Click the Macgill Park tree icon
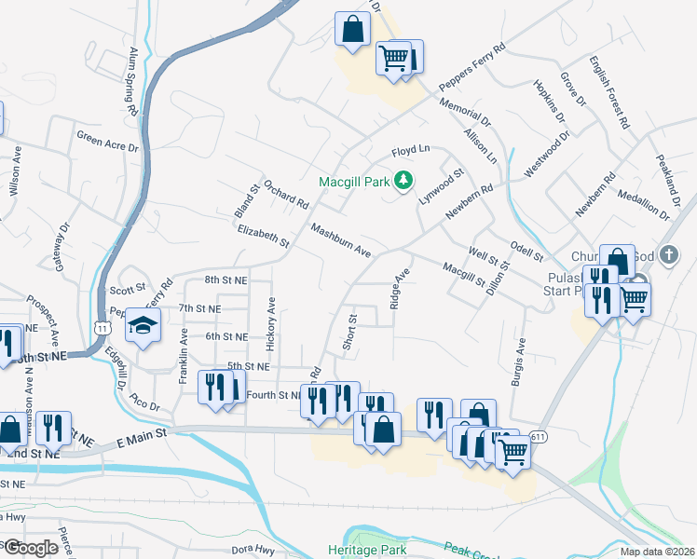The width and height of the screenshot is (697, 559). click(x=403, y=181)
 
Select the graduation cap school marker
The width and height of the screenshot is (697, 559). click(x=143, y=325)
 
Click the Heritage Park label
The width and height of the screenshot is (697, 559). click(x=367, y=550)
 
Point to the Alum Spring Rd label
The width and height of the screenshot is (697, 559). click(x=132, y=81)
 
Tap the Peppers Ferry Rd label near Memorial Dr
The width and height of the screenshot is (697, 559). click(x=472, y=65)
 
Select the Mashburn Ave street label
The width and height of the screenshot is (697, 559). click(x=341, y=240)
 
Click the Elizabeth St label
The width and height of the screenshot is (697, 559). click(x=264, y=236)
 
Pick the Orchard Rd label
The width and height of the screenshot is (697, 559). click(x=285, y=195)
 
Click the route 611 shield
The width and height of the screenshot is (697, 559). click(x=538, y=435)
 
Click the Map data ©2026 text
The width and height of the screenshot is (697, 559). click(x=658, y=552)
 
